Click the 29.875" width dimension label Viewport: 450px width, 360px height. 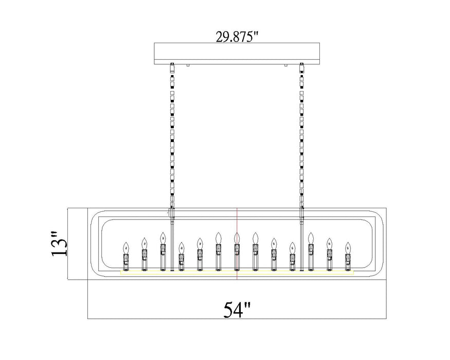[x=237, y=37]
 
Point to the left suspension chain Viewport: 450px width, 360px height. [x=173, y=134]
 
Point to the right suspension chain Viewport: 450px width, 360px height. [x=301, y=134]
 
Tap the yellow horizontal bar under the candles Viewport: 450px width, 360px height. [x=237, y=272]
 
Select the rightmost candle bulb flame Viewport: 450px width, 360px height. [x=348, y=246]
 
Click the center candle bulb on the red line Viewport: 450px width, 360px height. [x=237, y=239]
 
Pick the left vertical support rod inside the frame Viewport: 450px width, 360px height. [x=172, y=242]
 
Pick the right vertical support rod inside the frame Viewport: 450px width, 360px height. [x=301, y=242]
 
